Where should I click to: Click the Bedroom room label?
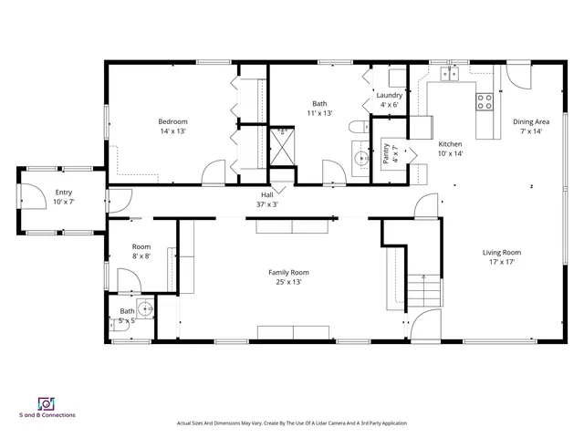click(x=172, y=122)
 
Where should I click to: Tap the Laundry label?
click(x=390, y=95)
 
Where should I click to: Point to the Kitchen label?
click(x=451, y=144)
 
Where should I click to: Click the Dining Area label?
click(x=530, y=121)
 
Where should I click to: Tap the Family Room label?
click(x=288, y=272)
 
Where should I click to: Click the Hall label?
click(x=267, y=194)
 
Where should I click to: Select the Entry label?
click(x=63, y=193)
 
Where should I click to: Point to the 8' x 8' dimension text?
click(x=141, y=256)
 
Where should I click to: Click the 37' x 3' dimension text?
click(x=267, y=204)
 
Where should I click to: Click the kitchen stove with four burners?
click(x=485, y=101)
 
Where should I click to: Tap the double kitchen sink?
click(x=448, y=73)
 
